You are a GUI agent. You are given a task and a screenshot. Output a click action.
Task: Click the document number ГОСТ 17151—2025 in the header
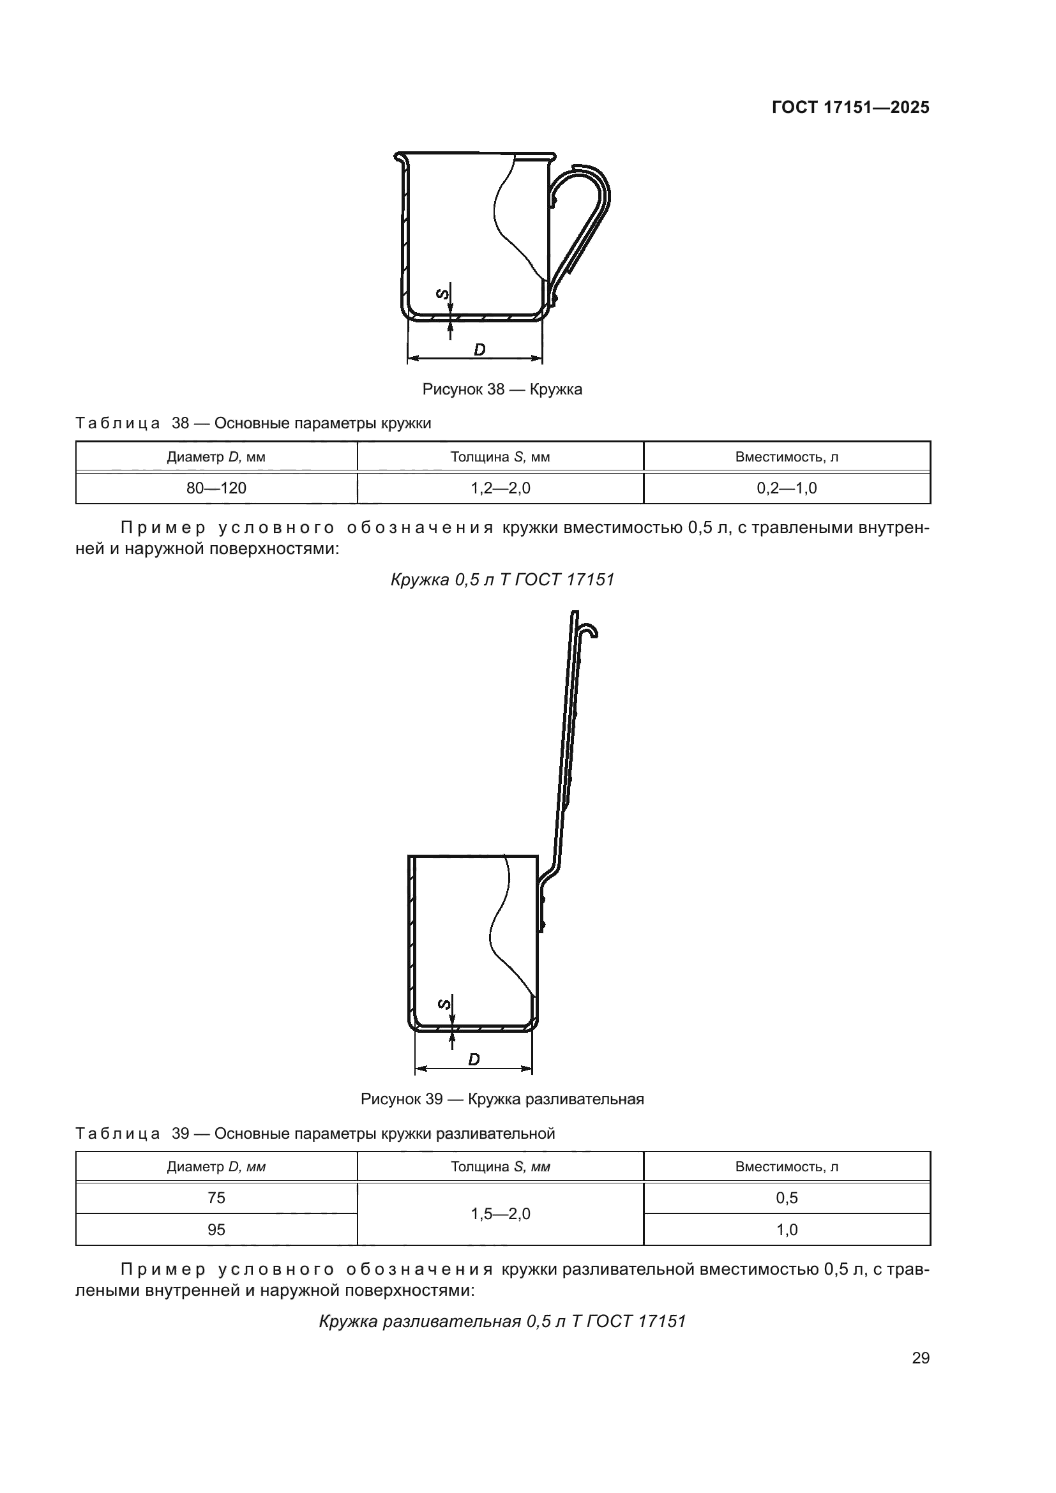pyautogui.click(x=850, y=108)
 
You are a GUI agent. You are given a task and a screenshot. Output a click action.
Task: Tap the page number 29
pyautogui.click(x=921, y=1358)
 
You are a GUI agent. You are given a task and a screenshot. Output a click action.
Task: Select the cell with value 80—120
pyautogui.click(x=216, y=488)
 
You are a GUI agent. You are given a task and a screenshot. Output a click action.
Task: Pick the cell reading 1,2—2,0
pyautogui.click(x=500, y=488)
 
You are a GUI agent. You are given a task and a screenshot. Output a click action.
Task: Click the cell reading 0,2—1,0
pyautogui.click(x=787, y=488)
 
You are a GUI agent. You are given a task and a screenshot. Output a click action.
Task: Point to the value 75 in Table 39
pyautogui.click(x=216, y=1197)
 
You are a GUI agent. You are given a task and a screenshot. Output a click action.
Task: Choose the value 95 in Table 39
pyautogui.click(x=216, y=1229)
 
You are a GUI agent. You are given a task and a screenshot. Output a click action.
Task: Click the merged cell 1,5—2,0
pyautogui.click(x=500, y=1214)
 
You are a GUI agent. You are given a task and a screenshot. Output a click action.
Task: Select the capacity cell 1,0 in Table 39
pyautogui.click(x=787, y=1229)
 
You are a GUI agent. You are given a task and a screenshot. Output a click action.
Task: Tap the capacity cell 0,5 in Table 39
pyautogui.click(x=787, y=1197)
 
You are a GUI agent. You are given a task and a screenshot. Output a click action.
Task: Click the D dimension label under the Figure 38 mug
pyautogui.click(x=479, y=350)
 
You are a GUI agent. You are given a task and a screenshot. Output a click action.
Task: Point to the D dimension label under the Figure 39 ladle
pyautogui.click(x=474, y=1060)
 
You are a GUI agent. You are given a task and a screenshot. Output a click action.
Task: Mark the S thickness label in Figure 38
pyautogui.click(x=442, y=294)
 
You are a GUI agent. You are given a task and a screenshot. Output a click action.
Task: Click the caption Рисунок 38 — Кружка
pyautogui.click(x=502, y=389)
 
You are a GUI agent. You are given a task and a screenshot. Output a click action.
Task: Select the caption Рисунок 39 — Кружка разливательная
pyautogui.click(x=502, y=1099)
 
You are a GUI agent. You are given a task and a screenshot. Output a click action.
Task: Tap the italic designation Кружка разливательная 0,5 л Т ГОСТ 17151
pyautogui.click(x=502, y=1321)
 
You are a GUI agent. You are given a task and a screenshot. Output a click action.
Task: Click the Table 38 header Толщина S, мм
pyautogui.click(x=500, y=457)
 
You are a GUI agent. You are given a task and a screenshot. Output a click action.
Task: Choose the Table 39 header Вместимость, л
pyautogui.click(x=787, y=1167)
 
